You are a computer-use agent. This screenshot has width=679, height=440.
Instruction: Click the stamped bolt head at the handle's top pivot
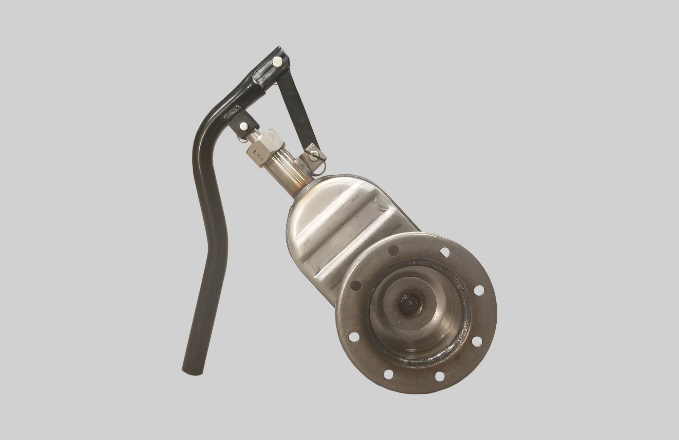point(277,62)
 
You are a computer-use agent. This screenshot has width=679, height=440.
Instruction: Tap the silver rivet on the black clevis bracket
point(242,126)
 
